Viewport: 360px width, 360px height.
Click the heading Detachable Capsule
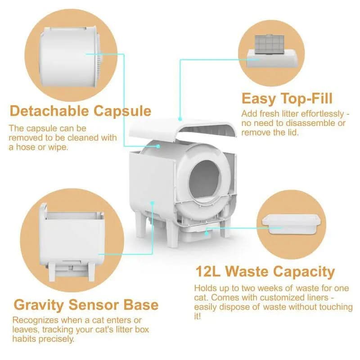[x=81, y=111]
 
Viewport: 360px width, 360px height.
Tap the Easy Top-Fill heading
[x=287, y=99]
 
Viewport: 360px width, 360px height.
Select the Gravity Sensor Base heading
[x=86, y=305]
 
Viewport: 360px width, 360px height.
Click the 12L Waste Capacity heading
[x=265, y=272]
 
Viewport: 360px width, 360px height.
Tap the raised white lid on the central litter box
[x=183, y=128]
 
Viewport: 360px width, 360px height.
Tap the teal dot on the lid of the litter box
[x=180, y=119]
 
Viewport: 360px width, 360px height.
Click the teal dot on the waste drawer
[x=207, y=233]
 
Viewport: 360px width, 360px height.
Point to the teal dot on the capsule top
[x=158, y=146]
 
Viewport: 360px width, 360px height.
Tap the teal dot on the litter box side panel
[x=152, y=203]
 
